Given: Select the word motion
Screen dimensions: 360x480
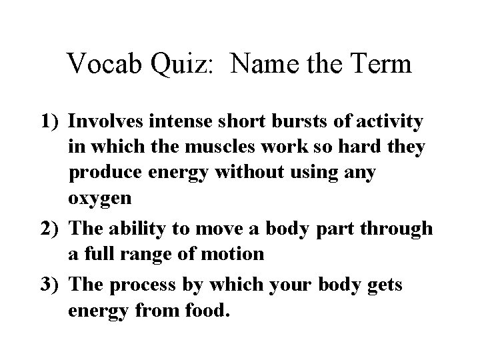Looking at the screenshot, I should click(229, 254).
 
